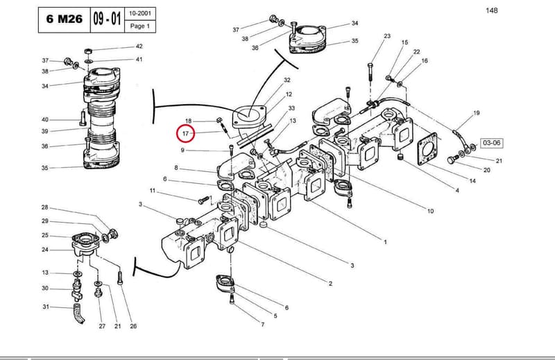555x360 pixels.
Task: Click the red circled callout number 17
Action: point(186,134)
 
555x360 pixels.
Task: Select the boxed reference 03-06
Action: point(492,143)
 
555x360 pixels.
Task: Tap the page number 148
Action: point(492,10)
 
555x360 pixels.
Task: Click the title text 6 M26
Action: point(65,19)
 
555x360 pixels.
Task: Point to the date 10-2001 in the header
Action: point(140,13)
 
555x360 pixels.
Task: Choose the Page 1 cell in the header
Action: point(140,26)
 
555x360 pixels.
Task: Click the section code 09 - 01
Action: point(108,19)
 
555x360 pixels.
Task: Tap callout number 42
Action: point(139,46)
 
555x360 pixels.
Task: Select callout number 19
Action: point(477,113)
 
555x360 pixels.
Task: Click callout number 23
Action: point(387,36)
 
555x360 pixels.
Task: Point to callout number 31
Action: point(46,307)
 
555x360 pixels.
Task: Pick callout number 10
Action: point(430,211)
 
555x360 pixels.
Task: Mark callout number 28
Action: point(44,207)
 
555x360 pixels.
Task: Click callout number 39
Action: point(44,131)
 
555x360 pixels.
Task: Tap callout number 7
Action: point(262,324)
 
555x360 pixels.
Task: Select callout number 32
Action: point(287,80)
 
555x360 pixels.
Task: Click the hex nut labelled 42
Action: point(89,51)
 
